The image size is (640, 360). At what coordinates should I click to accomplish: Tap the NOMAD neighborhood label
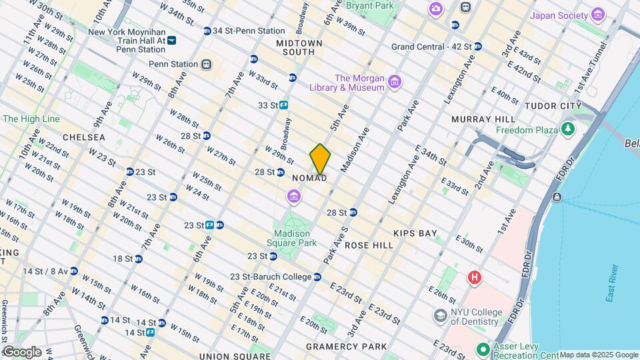(x=310, y=179)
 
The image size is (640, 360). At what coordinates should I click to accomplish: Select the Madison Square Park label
(x=292, y=238)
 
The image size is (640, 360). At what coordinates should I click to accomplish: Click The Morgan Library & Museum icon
(x=395, y=82)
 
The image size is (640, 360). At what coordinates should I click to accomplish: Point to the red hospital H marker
(x=475, y=277)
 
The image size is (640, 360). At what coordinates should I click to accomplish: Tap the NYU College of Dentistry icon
(x=441, y=315)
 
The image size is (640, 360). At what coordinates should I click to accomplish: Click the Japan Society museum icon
(x=598, y=15)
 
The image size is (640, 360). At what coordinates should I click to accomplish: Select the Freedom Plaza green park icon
(x=568, y=129)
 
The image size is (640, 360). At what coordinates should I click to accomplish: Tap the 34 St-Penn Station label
(x=248, y=31)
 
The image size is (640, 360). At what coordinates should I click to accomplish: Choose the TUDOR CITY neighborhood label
(x=553, y=106)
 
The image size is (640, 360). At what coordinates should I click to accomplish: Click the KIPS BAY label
(x=415, y=233)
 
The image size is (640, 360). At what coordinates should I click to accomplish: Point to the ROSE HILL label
(x=369, y=245)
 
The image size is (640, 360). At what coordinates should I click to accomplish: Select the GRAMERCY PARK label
(x=346, y=347)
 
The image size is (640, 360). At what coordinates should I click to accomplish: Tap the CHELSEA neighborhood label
(x=84, y=137)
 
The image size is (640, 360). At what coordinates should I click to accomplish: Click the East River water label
(x=612, y=283)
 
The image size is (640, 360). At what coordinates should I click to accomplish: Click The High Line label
(x=31, y=119)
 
